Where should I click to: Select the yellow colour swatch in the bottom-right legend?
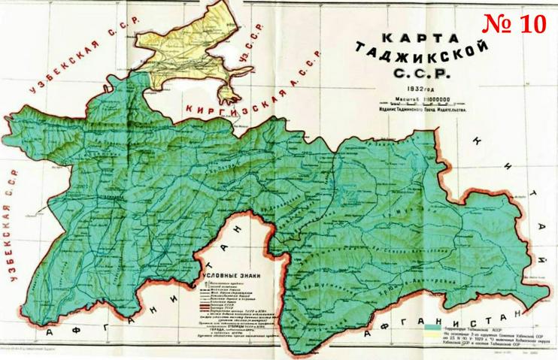(434, 337)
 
